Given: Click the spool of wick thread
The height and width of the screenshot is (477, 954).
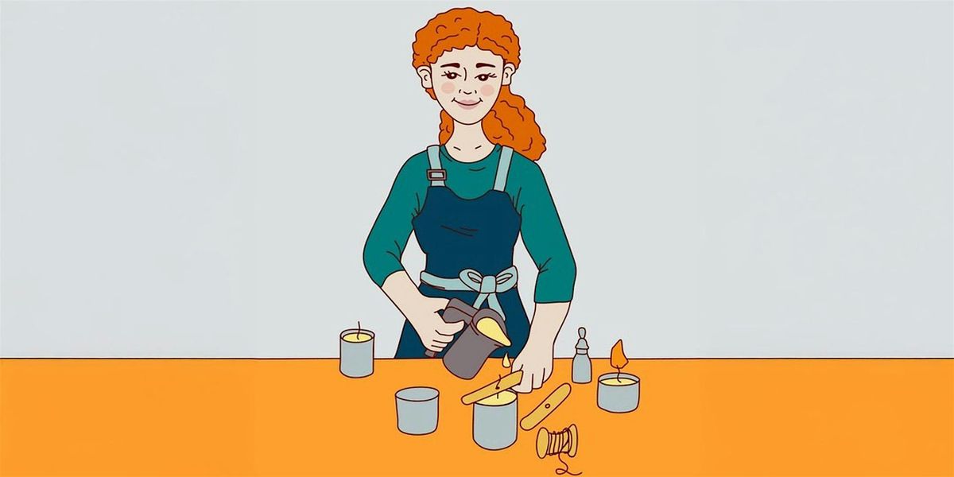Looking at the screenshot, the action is [x=556, y=441].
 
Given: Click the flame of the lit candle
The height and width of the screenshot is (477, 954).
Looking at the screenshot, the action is [x=619, y=355].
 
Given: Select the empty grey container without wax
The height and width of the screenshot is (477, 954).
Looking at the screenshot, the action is [x=417, y=409].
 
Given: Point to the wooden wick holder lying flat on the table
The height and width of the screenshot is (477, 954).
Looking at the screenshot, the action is [x=545, y=406].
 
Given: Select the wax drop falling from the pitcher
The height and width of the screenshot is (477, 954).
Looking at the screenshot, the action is [x=506, y=363].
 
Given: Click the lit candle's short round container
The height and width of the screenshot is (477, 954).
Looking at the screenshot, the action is [x=619, y=393].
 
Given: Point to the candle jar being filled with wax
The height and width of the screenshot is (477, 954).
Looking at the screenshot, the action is [x=494, y=421].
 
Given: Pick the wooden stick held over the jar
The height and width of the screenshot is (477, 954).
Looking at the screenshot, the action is [x=491, y=387].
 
